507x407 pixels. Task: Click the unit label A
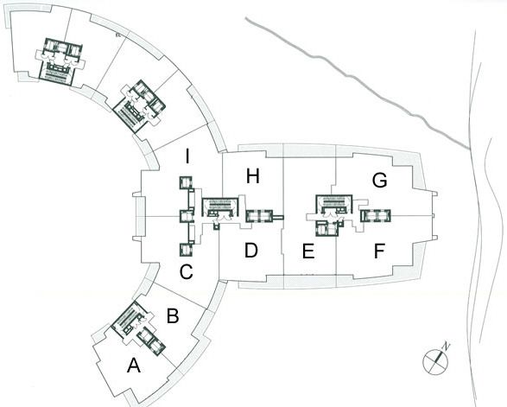[134, 366]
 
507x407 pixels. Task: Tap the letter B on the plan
[173, 316]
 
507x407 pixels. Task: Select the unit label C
[187, 271]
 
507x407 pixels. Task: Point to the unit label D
[251, 251]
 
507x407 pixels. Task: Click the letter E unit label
[308, 251]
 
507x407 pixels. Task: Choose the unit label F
[379, 251]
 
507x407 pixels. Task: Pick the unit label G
[380, 181]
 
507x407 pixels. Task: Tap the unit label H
[252, 176]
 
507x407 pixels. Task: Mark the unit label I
[187, 156]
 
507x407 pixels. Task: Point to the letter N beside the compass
[447, 346]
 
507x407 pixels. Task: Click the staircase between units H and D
[220, 207]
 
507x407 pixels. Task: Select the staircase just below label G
[333, 205]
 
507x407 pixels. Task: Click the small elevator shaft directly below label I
[186, 183]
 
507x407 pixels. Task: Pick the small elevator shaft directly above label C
[186, 250]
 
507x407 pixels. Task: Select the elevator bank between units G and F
[376, 216]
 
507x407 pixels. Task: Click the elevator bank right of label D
[260, 216]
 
